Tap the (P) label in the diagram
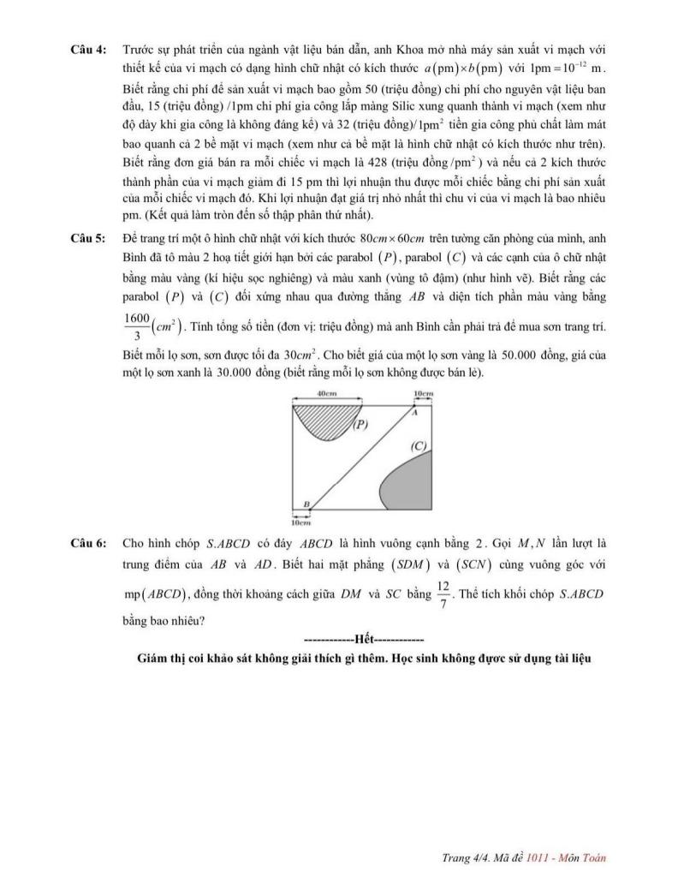(x=361, y=424)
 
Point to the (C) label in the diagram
(x=419, y=445)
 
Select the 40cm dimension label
(x=326, y=393)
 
